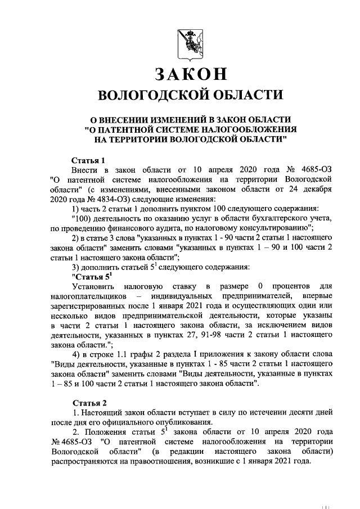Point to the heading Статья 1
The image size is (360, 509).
point(88,160)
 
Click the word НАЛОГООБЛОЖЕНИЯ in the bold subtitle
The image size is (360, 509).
point(247,129)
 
